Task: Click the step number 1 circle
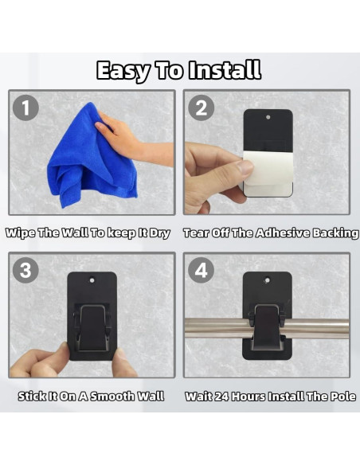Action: (25, 107)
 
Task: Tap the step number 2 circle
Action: (202, 107)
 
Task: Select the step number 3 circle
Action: (25, 270)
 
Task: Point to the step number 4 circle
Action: (202, 270)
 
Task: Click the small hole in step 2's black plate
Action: (268, 117)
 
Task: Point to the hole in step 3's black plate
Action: (92, 280)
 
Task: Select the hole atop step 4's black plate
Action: (267, 280)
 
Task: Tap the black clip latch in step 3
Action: (92, 327)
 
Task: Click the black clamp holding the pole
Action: (267, 328)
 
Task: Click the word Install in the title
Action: (225, 70)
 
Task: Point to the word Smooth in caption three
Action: (112, 397)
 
